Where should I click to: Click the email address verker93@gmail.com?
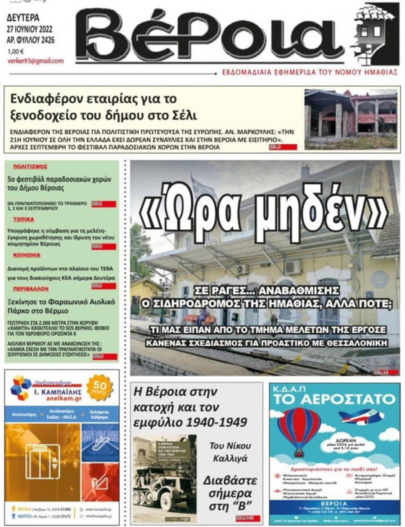36,61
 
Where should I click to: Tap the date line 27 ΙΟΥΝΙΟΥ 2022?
30,30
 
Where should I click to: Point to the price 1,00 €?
16,51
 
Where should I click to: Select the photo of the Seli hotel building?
351,119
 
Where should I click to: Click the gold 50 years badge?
99,387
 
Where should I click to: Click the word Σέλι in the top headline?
181,115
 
